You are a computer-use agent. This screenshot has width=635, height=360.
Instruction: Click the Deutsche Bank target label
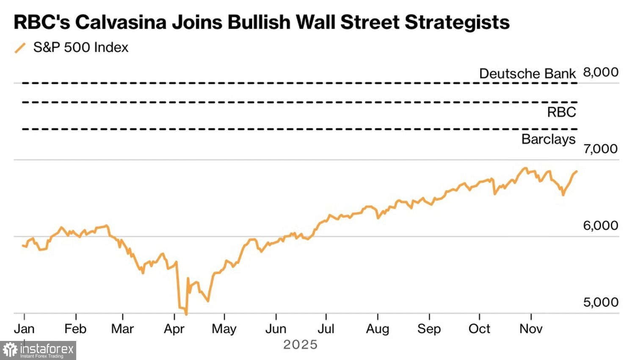(x=527, y=74)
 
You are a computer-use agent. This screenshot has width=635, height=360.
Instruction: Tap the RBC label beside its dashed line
(x=561, y=112)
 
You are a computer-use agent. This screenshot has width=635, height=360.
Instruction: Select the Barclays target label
(x=548, y=139)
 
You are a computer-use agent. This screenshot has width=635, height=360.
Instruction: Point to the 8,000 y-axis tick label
(x=601, y=72)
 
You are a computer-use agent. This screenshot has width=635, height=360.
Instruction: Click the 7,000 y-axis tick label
(x=600, y=149)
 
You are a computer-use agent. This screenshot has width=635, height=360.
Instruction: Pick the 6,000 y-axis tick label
(x=600, y=225)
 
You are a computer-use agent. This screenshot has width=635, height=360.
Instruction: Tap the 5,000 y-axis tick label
(x=600, y=302)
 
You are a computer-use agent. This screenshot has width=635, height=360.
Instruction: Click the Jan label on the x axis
(x=24, y=329)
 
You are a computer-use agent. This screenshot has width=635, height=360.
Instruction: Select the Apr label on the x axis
(x=174, y=329)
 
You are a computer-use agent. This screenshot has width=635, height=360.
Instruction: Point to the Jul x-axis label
(x=326, y=329)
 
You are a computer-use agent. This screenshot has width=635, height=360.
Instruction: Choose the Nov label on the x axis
(x=531, y=329)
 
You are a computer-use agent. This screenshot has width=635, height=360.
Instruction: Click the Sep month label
(x=429, y=329)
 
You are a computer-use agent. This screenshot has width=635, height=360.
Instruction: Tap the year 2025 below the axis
(x=300, y=345)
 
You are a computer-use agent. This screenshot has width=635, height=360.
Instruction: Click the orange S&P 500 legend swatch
(x=20, y=48)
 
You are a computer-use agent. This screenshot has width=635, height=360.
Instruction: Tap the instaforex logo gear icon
(x=10, y=350)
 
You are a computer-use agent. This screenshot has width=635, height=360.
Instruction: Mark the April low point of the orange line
(x=186, y=314)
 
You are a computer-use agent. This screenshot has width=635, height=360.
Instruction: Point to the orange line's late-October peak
(x=525, y=168)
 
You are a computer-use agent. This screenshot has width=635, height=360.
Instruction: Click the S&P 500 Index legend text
(x=80, y=47)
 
